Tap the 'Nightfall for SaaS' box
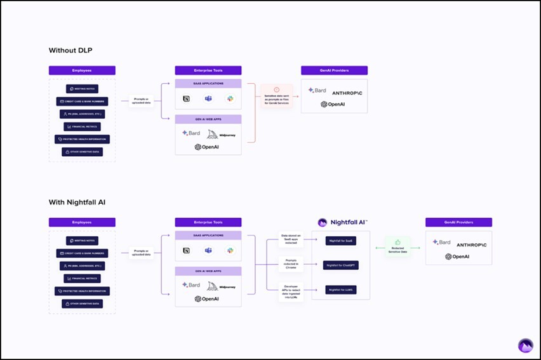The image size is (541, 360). [342, 241]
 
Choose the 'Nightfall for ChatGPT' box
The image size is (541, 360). [342, 265]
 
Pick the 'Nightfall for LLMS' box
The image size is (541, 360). [342, 290]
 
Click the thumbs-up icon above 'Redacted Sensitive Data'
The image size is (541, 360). [397, 242]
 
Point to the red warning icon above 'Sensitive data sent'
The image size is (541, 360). [277, 90]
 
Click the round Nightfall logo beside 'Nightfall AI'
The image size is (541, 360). [323, 222]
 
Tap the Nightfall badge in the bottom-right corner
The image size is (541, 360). [526, 345]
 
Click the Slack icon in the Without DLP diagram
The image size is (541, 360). [231, 99]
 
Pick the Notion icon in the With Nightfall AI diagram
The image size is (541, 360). [187, 251]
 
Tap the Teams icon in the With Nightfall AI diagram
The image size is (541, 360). [208, 251]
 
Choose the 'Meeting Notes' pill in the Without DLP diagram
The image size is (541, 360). [82, 90]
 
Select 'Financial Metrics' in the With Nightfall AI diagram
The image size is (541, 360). [82, 279]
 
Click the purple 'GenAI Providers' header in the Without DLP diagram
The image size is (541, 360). [334, 70]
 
